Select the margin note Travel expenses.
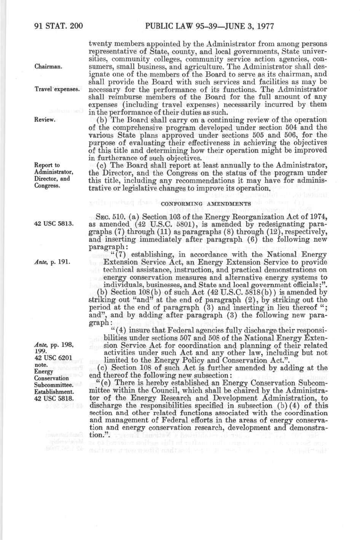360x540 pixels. (x=57, y=89)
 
